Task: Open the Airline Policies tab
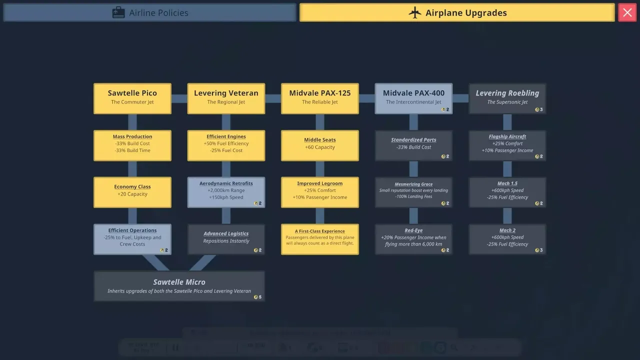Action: pyautogui.click(x=150, y=13)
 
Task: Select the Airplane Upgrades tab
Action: pyautogui.click(x=456, y=13)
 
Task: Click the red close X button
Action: pyautogui.click(x=627, y=13)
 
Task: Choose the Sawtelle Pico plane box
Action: pyautogui.click(x=132, y=98)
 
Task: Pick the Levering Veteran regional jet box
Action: pyautogui.click(x=226, y=98)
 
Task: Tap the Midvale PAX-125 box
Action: pyautogui.click(x=320, y=98)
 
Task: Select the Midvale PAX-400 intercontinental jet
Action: pyautogui.click(x=413, y=98)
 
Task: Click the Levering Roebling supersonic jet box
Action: pyautogui.click(x=507, y=98)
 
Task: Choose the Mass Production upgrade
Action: pyautogui.click(x=132, y=145)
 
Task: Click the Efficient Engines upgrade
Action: pyautogui.click(x=226, y=145)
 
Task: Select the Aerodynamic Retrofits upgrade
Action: pyautogui.click(x=226, y=192)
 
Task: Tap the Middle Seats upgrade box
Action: pyautogui.click(x=320, y=145)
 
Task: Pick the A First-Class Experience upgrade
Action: pyautogui.click(x=320, y=239)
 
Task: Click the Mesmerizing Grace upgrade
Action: pyautogui.click(x=413, y=192)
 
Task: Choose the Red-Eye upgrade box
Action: pyautogui.click(x=413, y=239)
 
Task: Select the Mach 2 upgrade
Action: pyautogui.click(x=507, y=239)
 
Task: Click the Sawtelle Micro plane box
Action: pyautogui.click(x=179, y=286)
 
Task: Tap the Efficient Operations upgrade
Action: pyautogui.click(x=132, y=239)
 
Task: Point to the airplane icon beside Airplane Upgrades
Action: pyautogui.click(x=415, y=13)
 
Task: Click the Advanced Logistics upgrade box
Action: pyautogui.click(x=226, y=239)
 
